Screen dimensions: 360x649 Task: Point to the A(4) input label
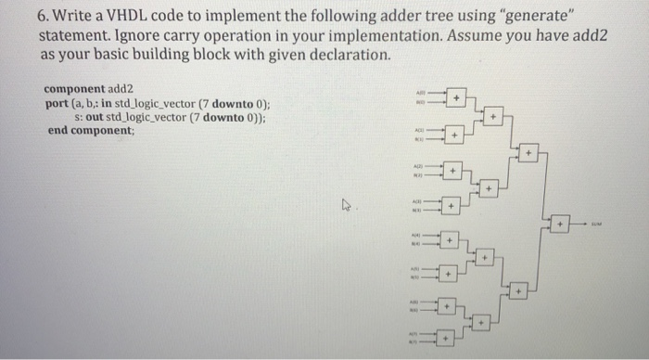(418, 236)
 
